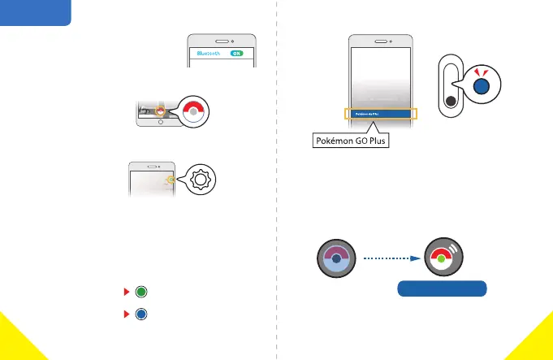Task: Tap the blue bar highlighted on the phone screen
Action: point(380,115)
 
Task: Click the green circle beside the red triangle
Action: point(141,292)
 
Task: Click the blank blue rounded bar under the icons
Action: point(442,288)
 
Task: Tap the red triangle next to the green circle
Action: point(126,292)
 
